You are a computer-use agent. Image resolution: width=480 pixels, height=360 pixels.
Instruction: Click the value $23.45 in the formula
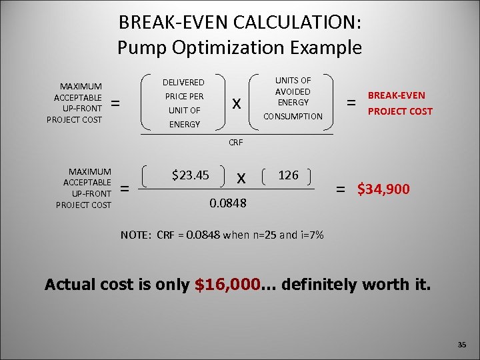pos(191,176)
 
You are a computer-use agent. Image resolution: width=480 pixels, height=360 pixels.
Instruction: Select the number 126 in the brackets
pos(288,175)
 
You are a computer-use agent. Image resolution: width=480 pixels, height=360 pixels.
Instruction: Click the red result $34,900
pos(384,189)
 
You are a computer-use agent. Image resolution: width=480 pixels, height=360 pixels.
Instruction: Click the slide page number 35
pos(462,345)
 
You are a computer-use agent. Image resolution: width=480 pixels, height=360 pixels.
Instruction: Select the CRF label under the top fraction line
pos(235,143)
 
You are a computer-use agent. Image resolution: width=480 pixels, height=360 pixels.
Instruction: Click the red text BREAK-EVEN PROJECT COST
pos(400,103)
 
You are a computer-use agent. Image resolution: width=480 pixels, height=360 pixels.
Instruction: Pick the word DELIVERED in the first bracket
pos(184,83)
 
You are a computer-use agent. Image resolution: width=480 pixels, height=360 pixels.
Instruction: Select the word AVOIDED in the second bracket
pos(293,91)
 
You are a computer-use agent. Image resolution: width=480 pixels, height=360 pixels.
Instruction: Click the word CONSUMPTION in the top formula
pos(293,117)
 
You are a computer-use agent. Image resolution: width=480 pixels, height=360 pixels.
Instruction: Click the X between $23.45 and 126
pos(241,178)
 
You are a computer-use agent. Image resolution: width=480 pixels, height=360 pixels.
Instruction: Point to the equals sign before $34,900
pos(341,190)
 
